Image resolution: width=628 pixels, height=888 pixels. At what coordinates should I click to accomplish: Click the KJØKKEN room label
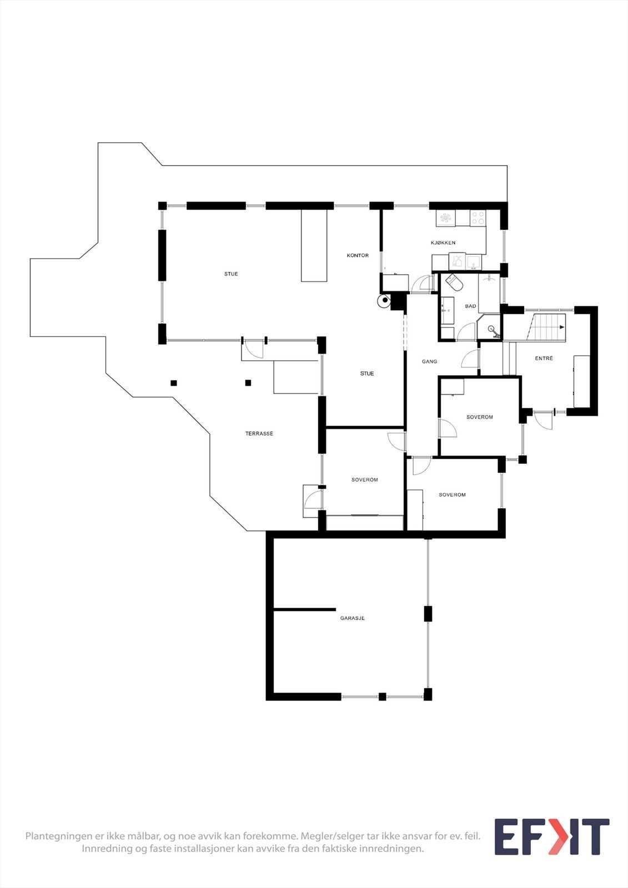pos(443,243)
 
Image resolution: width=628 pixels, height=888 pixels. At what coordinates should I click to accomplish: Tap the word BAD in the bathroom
pos(470,306)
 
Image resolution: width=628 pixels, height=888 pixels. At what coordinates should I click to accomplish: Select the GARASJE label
pos(353,618)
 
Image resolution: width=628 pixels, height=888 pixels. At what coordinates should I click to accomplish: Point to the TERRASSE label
pos(259,433)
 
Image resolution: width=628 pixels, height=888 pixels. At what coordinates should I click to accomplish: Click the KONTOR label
pos(358,256)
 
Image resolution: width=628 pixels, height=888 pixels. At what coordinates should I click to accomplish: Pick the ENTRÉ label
pos(544,359)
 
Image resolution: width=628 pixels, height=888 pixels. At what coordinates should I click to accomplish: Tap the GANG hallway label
pos(429,361)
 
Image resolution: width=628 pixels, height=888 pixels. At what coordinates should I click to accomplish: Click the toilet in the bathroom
pos(454,283)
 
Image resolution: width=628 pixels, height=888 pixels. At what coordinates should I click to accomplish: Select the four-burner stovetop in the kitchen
pos(478,218)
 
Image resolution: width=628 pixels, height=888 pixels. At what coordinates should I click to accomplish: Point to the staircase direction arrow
pos(561,327)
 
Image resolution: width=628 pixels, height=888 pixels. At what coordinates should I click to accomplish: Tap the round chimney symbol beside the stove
pos(384,301)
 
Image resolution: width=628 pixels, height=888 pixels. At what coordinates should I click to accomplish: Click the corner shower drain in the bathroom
pos(492,329)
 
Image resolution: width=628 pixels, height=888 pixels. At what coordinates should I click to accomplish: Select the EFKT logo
pos(551,836)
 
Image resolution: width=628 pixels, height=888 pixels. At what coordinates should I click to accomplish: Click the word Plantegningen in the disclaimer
pos(59,836)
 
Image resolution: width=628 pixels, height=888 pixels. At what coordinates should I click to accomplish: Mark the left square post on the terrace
pos(174,382)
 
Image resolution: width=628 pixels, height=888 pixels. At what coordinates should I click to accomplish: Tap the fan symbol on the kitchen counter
pos(445,218)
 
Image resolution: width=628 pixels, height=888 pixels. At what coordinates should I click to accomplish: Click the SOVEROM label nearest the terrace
pos(364,480)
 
